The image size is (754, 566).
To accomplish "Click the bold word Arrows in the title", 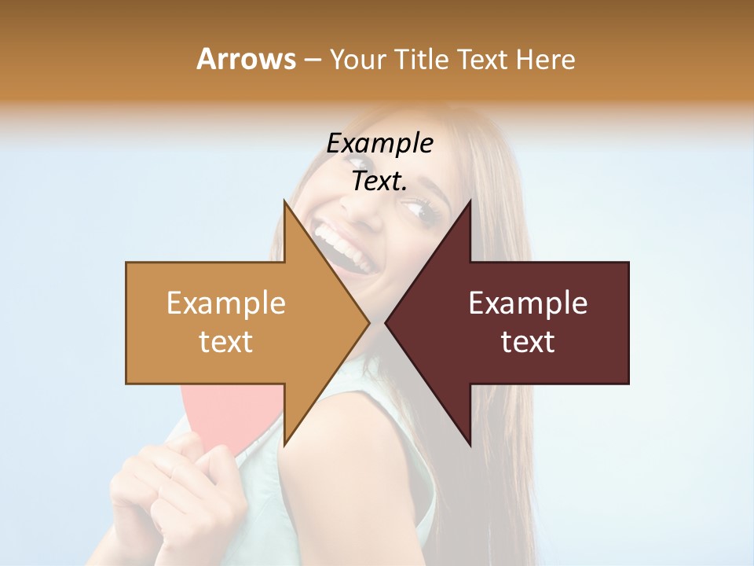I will pos(246,59).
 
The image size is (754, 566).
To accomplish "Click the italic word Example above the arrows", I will pos(379,143).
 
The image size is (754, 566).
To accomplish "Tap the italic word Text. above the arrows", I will pos(379,181).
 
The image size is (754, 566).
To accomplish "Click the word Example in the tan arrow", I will pos(226,303).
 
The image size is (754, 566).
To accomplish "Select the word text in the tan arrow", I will pos(226,342).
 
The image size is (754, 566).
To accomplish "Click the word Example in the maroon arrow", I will pos(528,303).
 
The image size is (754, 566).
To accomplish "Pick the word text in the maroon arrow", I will pos(528,342).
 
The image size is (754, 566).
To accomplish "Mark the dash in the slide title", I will pos(312,60).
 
